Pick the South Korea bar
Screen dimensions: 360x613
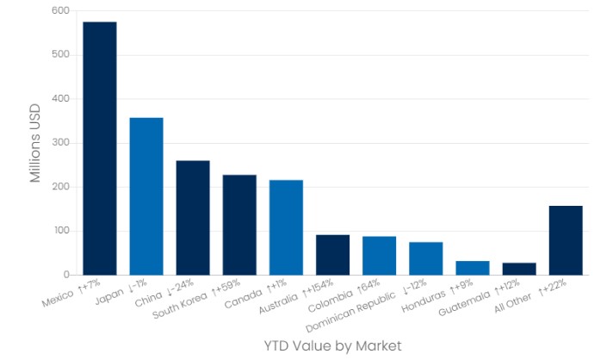239,225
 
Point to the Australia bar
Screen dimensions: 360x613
332,255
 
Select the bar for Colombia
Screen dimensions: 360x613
379,256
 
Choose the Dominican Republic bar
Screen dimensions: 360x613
425,258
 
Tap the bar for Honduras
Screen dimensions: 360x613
472,268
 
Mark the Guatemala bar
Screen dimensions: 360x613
518,269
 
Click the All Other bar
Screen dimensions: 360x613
566,240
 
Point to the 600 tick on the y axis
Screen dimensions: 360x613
59,11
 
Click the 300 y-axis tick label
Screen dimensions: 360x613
59,143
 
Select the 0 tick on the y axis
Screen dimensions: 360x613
65,276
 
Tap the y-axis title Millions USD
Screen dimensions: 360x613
35,143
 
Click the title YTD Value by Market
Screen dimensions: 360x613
332,345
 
